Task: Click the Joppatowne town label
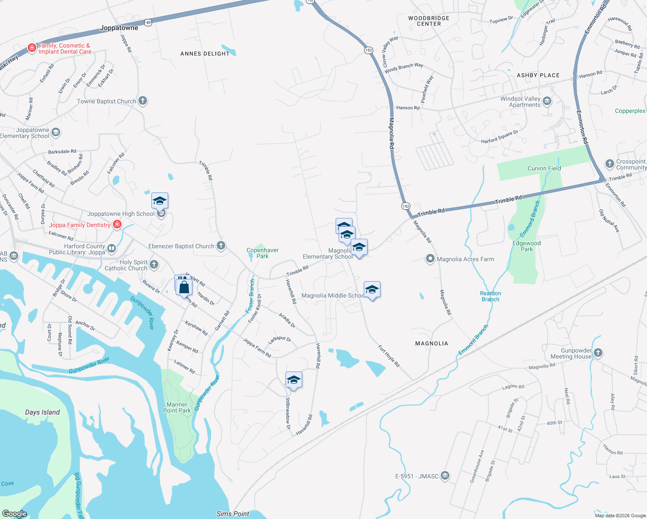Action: pyautogui.click(x=119, y=28)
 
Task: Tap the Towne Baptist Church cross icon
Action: pyautogui.click(x=143, y=101)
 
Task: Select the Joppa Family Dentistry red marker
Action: pyautogui.click(x=117, y=224)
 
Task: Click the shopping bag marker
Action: pyautogui.click(x=184, y=286)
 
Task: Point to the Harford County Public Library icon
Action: pyautogui.click(x=112, y=248)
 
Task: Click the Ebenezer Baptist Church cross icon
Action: pyautogui.click(x=221, y=246)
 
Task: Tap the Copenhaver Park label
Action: pyautogui.click(x=263, y=253)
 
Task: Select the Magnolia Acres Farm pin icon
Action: pyautogui.click(x=430, y=259)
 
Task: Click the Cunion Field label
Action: pyautogui.click(x=544, y=168)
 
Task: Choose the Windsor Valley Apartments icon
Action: pyautogui.click(x=547, y=101)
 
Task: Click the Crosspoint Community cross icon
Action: pyautogui.click(x=609, y=163)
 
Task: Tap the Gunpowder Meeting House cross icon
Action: pyautogui.click(x=598, y=352)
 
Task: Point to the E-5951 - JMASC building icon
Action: pyautogui.click(x=445, y=476)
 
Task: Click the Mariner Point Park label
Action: pyautogui.click(x=177, y=407)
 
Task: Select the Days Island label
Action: pyautogui.click(x=42, y=412)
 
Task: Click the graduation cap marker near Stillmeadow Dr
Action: pyautogui.click(x=294, y=380)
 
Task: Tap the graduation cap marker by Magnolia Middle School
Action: pyautogui.click(x=372, y=289)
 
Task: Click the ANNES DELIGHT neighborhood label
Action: pyautogui.click(x=205, y=54)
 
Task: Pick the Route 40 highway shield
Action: pyautogui.click(x=148, y=22)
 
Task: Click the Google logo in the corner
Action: pyautogui.click(x=15, y=513)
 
